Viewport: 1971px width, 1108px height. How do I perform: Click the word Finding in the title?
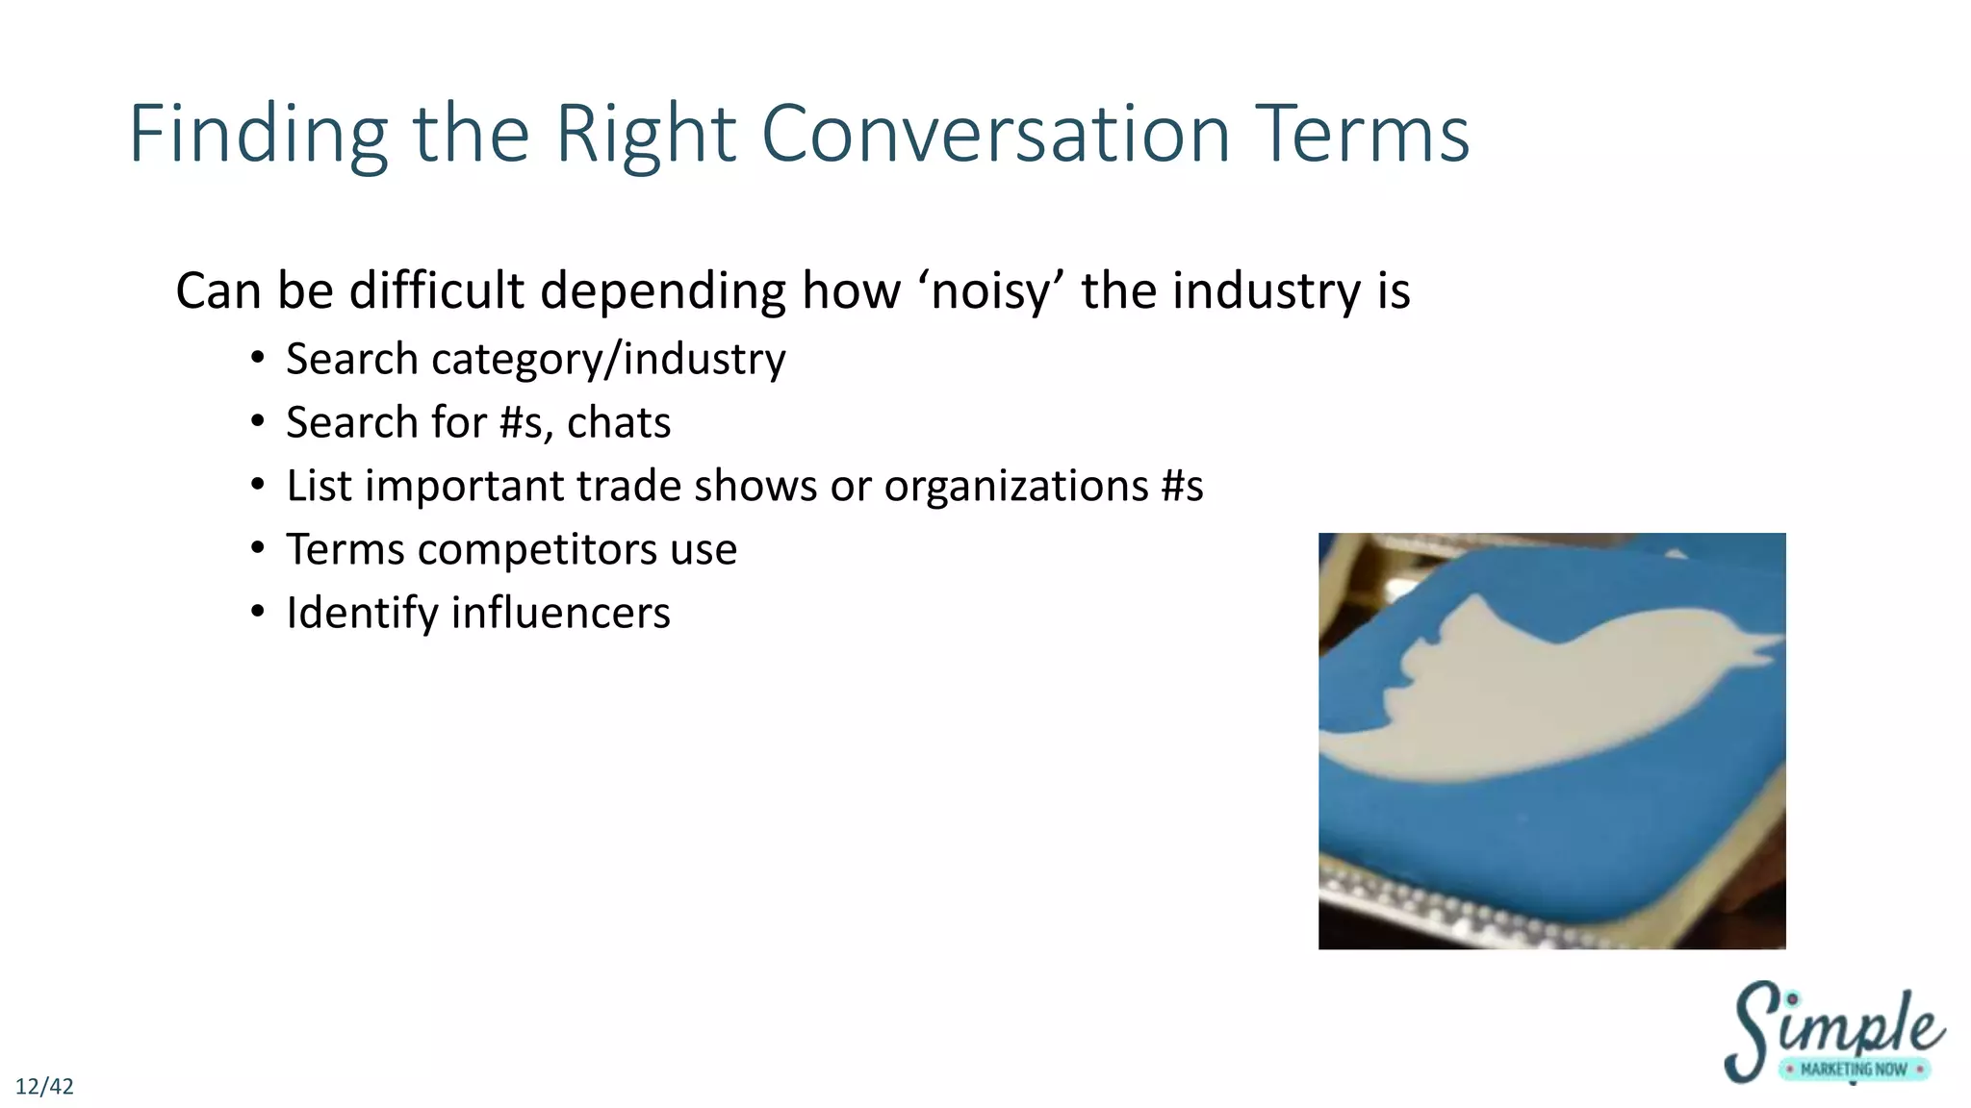258,135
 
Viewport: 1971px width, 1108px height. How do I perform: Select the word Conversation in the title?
995,135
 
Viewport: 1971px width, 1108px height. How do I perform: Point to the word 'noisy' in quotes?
990,291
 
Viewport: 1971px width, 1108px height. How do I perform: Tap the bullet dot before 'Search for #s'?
257,423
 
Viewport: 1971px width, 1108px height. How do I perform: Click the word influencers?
560,614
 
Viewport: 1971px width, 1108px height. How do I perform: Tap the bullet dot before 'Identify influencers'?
257,614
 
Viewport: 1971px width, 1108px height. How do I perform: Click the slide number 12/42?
44,1087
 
